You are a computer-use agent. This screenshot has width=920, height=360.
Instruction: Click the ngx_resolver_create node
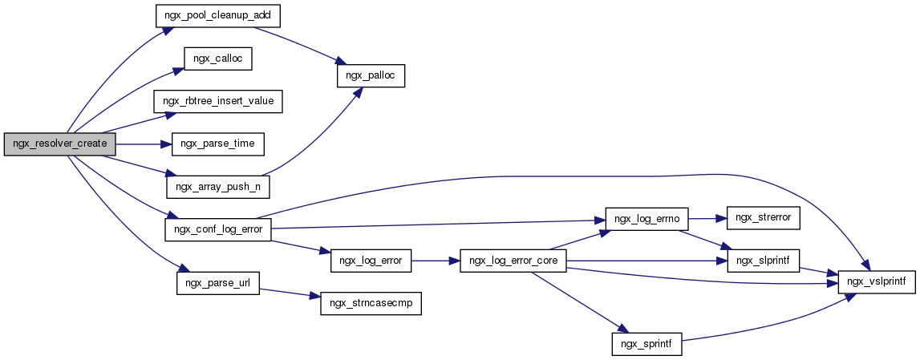pos(61,144)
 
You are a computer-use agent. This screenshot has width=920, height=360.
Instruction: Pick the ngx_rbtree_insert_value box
pos(218,102)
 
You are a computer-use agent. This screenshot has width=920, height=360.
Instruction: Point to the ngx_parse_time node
pos(217,144)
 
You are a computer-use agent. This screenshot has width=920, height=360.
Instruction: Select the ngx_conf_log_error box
pos(217,229)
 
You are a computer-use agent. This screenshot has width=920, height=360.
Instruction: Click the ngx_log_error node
pos(371,261)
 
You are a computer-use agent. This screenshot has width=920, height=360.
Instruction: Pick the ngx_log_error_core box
pos(513,261)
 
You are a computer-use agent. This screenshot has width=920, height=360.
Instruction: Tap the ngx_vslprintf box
pos(877,282)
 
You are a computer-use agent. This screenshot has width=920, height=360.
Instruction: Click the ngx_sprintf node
pos(646,345)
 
